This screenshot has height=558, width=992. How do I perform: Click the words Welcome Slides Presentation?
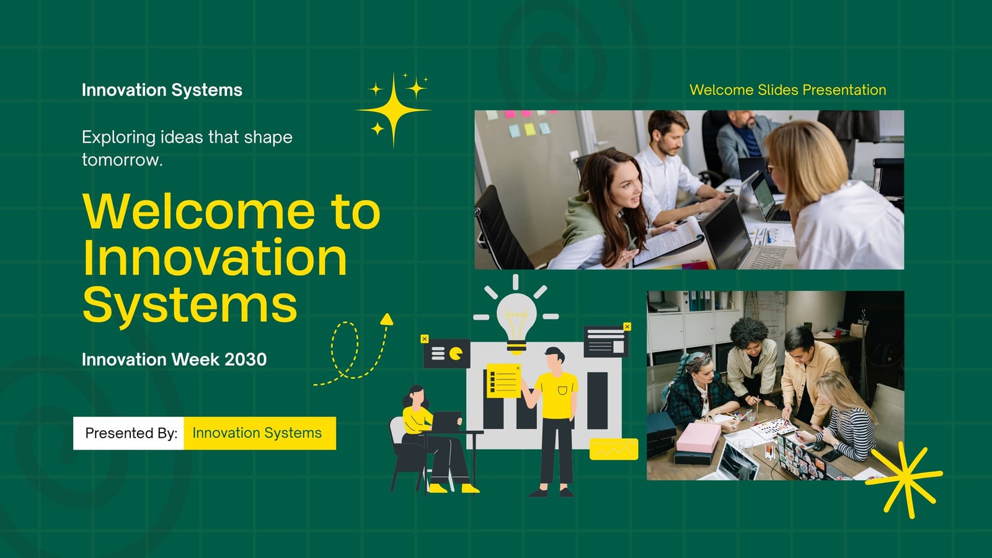point(788,90)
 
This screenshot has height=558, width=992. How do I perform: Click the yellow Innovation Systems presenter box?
point(260,433)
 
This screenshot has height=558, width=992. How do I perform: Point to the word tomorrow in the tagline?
point(122,160)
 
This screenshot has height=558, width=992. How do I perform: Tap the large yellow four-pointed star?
point(393,110)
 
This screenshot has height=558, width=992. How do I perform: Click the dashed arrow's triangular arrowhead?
point(387,319)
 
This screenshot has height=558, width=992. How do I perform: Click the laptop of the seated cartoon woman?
point(446,421)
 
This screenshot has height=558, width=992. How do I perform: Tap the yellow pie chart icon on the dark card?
point(456,353)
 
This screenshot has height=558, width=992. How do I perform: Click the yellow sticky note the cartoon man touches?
point(504,381)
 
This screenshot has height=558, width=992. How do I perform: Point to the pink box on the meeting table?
point(699,438)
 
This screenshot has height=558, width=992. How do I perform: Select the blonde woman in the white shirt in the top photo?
point(833,195)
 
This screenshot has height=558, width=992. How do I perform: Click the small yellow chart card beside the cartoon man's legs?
point(614,449)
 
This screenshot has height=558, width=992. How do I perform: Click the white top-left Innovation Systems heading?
point(162,90)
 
